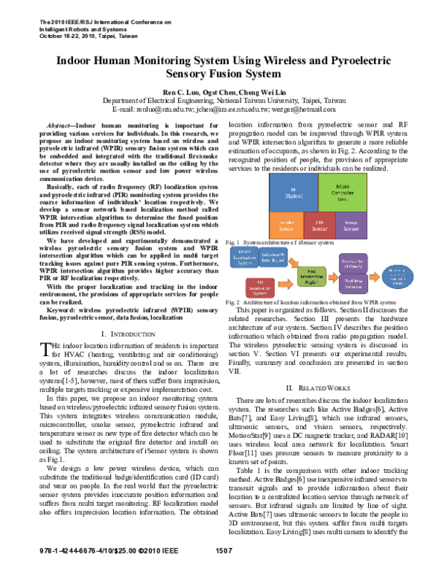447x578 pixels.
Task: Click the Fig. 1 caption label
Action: coord(233,243)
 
